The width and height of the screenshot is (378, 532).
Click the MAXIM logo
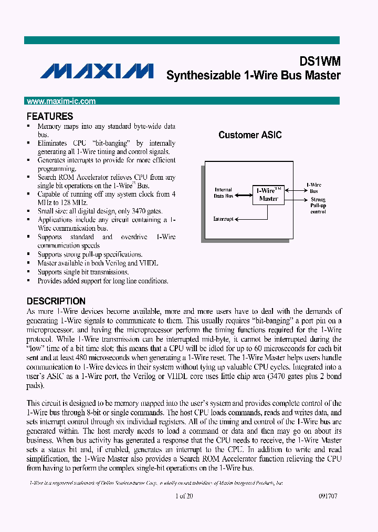(x=97, y=71)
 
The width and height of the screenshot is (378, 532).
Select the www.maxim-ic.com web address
(x=61, y=101)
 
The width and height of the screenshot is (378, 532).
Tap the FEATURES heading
(x=50, y=116)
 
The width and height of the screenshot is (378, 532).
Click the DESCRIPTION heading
(x=56, y=301)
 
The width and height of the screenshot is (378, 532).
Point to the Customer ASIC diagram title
(x=250, y=135)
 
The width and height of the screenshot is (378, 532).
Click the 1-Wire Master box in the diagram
(x=268, y=195)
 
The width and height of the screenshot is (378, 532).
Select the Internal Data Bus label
(x=224, y=193)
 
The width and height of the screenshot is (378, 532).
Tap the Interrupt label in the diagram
(x=224, y=219)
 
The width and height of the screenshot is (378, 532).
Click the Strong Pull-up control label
(x=318, y=206)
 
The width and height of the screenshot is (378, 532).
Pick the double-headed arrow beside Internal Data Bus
(x=243, y=195)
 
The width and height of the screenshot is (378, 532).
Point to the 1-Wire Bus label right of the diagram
(x=314, y=188)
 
